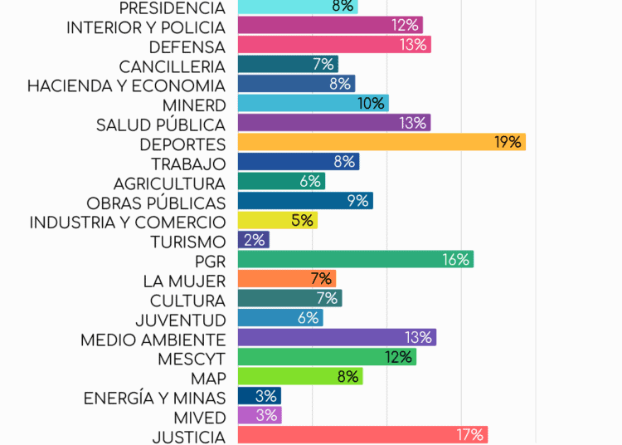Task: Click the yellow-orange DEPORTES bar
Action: [x=381, y=142]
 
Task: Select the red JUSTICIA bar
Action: [x=362, y=435]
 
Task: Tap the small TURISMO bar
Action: [x=254, y=240]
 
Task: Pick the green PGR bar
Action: [x=355, y=260]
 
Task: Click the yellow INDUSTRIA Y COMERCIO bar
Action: [x=278, y=221]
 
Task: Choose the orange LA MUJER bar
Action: [x=287, y=279]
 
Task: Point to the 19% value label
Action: [x=508, y=142]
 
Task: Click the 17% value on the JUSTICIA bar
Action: [x=469, y=435]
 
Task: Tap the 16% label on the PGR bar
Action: [x=456, y=260]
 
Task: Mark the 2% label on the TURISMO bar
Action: [x=255, y=240]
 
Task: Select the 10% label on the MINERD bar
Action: [x=372, y=104]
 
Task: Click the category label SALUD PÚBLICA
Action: [x=160, y=125]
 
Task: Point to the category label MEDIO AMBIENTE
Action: [x=153, y=340]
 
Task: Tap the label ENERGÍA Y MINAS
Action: [x=154, y=399]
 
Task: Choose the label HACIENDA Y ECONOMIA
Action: [x=126, y=86]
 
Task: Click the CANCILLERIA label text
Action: [x=172, y=66]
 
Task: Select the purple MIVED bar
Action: [x=260, y=415]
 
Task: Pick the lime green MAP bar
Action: [x=300, y=376]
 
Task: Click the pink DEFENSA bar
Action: [x=334, y=45]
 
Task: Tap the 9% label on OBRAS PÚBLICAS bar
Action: [x=357, y=201]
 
